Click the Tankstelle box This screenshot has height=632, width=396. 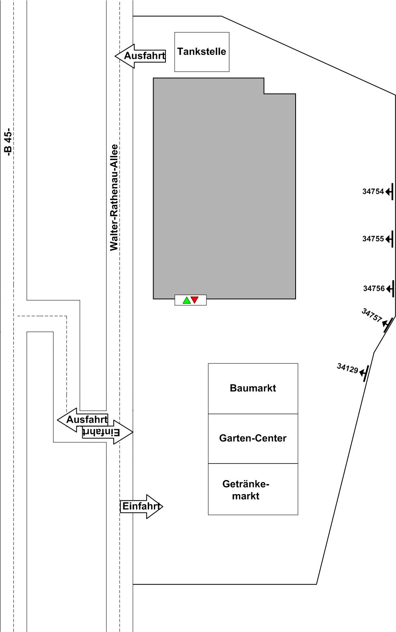[202, 52]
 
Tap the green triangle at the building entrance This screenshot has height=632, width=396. [187, 300]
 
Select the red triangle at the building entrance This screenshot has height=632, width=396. [195, 300]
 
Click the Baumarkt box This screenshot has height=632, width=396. [253, 388]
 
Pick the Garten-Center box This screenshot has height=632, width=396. [253, 438]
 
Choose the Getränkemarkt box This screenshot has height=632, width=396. [253, 489]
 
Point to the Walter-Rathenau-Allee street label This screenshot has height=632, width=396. [114, 197]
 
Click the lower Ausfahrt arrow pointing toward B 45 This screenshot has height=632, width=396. [82, 420]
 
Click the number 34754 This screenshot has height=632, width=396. [373, 192]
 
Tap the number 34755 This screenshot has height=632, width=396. [373, 239]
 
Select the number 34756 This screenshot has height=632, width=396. [374, 288]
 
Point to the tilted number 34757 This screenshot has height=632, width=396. [372, 316]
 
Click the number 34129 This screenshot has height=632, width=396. [347, 368]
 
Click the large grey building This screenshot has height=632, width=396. [224, 188]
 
